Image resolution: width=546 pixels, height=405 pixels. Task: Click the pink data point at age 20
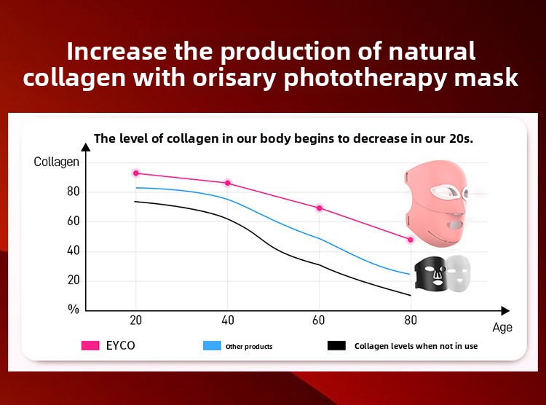click(135, 173)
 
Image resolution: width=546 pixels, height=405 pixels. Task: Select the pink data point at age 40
click(228, 183)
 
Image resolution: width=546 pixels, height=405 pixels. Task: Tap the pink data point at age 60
click(319, 208)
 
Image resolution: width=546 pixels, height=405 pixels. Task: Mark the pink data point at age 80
click(411, 240)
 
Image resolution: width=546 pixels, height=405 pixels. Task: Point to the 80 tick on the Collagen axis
click(73, 192)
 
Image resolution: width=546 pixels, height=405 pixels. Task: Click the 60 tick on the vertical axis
click(73, 221)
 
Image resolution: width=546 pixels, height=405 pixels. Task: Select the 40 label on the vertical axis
click(73, 251)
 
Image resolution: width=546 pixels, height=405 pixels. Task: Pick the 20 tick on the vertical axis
click(73, 280)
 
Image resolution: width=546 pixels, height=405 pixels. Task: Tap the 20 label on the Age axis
click(135, 321)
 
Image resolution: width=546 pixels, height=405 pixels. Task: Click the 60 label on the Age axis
click(319, 321)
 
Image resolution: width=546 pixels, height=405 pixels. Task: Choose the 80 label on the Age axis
click(411, 321)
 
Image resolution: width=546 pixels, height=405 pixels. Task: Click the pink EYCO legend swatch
click(90, 345)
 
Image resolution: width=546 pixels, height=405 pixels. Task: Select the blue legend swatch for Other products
click(212, 345)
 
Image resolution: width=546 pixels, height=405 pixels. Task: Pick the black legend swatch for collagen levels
click(336, 345)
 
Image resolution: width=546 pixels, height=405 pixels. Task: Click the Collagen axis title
click(56, 162)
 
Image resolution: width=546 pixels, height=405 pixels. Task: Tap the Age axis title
click(502, 328)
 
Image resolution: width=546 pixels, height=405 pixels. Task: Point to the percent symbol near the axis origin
click(73, 310)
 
